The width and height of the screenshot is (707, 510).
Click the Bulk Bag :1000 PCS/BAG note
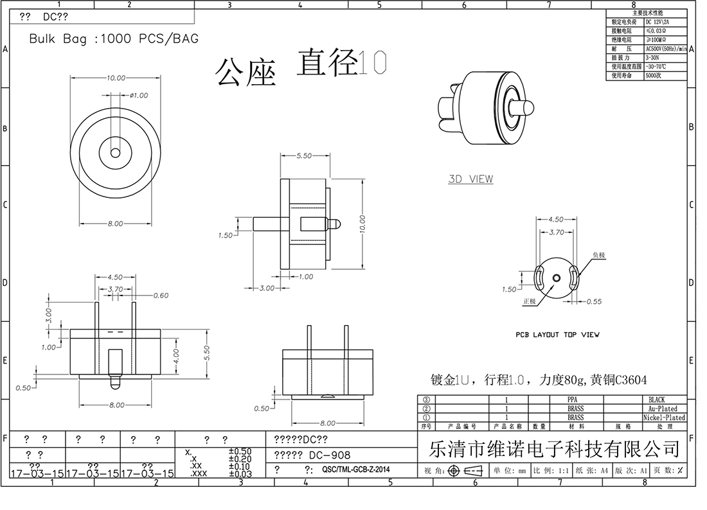pos(114,39)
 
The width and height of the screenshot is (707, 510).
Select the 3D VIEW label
pos(470,179)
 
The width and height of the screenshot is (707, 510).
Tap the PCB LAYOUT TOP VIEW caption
pos(557,335)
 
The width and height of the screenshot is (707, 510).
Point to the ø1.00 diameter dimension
pos(138,95)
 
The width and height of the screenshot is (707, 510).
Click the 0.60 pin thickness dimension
pos(161,295)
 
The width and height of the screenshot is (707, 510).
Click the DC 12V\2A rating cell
pos(658,22)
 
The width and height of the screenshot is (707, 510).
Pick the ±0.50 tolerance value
pos(240,452)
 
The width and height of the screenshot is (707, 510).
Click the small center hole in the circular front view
pos(115,154)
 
